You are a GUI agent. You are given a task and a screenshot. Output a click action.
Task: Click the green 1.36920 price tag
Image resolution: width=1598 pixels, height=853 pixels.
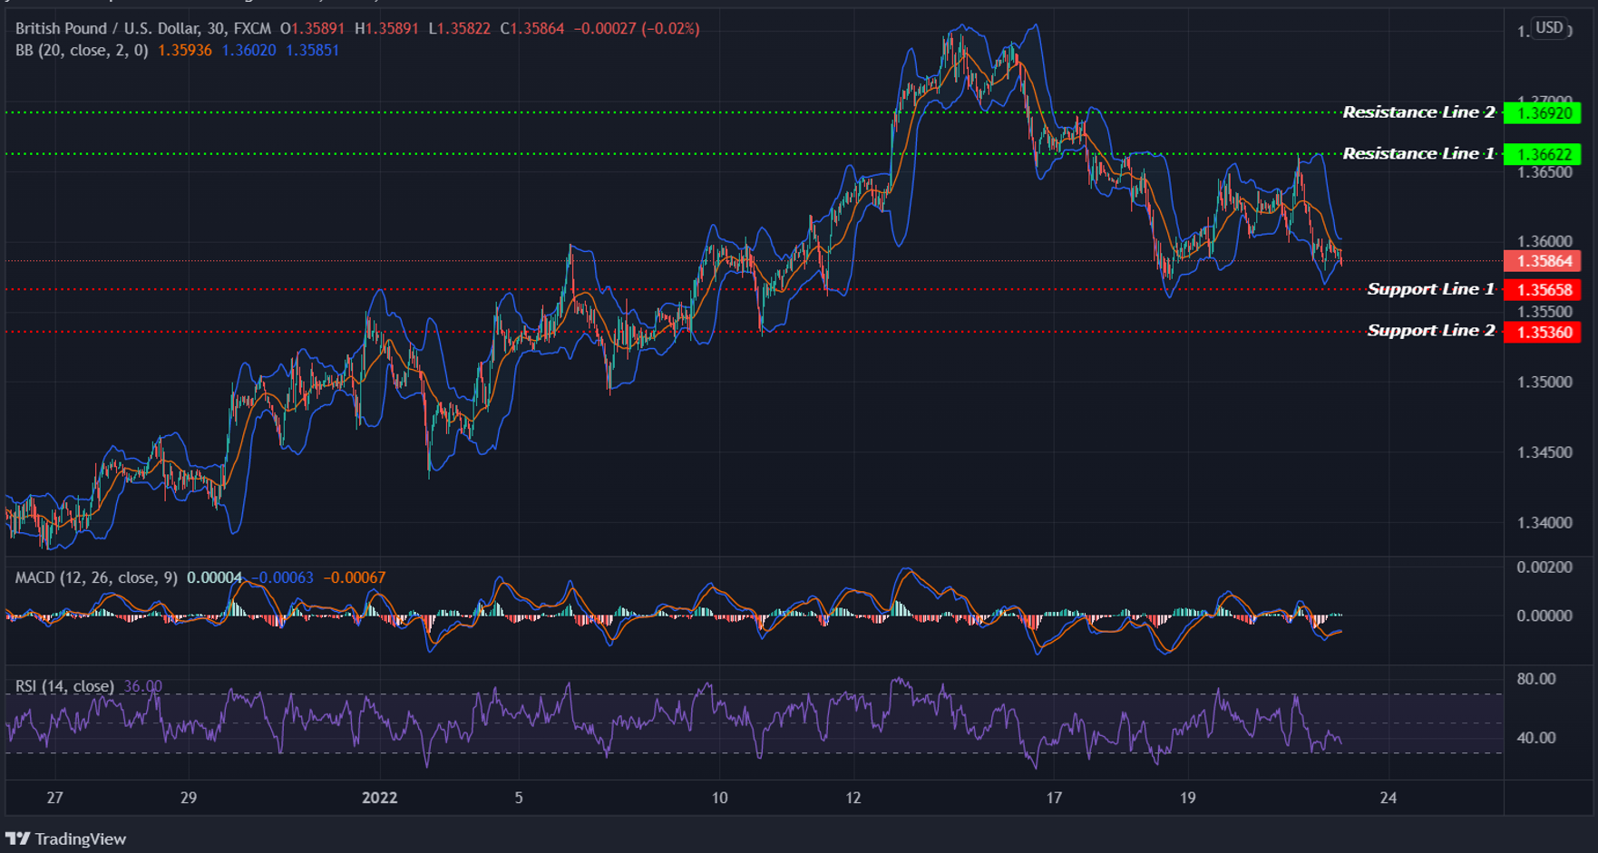[x=1542, y=113]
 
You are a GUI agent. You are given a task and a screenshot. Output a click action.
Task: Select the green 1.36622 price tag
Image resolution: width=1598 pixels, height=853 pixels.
[x=1542, y=154]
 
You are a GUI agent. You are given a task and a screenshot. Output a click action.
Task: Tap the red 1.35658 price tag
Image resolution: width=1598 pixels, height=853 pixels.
[x=1542, y=290]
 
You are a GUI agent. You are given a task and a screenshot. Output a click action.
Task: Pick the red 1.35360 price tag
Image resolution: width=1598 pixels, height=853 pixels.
[x=1542, y=332]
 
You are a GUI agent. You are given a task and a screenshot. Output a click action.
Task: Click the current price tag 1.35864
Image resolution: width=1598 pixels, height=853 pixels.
[x=1542, y=261]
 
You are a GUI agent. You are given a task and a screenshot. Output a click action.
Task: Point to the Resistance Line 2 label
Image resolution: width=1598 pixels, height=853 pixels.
[x=1418, y=112]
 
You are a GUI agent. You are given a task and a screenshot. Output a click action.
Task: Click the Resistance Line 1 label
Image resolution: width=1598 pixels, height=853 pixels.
[x=1418, y=154]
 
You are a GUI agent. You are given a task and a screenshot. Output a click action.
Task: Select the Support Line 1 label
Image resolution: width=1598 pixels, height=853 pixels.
[x=1430, y=289]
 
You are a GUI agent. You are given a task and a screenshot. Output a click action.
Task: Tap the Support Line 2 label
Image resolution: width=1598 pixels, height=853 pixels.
[x=1430, y=331]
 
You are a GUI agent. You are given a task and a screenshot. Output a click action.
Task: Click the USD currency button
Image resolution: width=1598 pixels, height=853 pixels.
[x=1549, y=27]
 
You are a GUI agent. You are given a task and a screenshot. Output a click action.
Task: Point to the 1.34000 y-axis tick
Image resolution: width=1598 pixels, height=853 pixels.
[x=1544, y=523]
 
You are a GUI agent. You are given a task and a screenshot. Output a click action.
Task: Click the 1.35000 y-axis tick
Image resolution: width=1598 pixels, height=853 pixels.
[x=1544, y=383]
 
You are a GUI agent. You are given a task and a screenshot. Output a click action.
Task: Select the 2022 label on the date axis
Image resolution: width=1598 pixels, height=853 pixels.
[x=379, y=798]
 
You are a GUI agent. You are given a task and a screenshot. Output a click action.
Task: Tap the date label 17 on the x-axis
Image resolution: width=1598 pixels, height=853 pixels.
[x=1053, y=798]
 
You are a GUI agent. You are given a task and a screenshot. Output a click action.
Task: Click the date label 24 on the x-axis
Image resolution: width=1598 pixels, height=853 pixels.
[x=1388, y=798]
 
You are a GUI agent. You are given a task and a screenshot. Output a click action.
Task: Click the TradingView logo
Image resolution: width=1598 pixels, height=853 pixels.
[x=66, y=838]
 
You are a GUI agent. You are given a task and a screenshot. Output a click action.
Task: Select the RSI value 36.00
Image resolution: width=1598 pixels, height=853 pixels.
[x=142, y=686]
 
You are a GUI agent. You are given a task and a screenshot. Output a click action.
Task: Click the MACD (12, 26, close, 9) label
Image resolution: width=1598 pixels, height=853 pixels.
[x=96, y=577]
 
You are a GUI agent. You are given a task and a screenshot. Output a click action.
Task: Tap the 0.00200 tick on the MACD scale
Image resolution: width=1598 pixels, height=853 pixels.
[x=1544, y=567]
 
